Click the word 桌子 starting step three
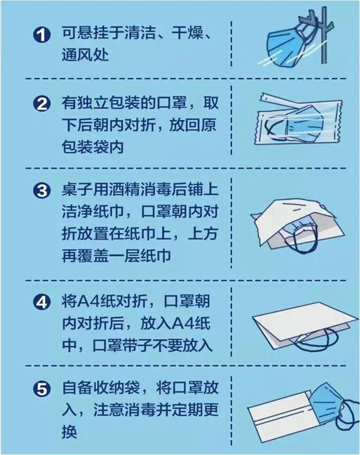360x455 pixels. (74, 191)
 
